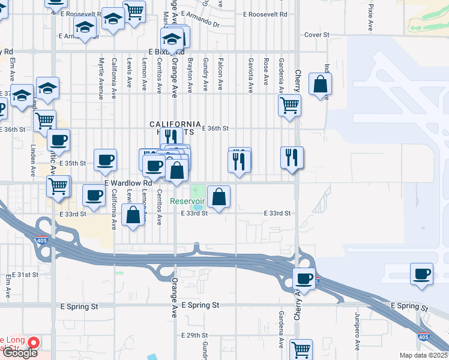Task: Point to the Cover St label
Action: tap(317, 35)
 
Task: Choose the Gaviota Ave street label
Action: tap(250, 74)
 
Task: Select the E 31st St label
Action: tap(23, 274)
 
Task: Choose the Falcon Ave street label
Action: tap(221, 74)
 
